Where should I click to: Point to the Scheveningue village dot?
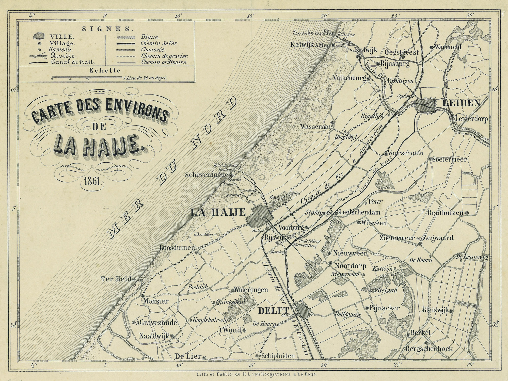(231, 175)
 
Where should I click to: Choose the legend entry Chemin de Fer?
(159, 43)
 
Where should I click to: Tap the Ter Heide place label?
(118, 279)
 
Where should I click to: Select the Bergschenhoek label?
(429, 348)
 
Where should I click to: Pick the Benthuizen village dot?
(466, 213)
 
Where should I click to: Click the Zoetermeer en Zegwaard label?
(417, 238)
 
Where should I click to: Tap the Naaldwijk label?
(154, 336)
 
